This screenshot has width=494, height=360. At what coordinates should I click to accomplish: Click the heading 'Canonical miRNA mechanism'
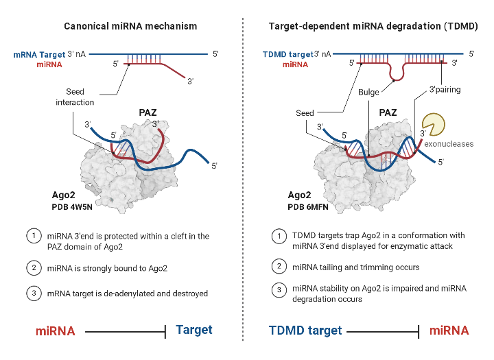tap(130, 26)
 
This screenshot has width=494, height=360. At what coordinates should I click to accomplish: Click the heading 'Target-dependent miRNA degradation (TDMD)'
tap(368, 26)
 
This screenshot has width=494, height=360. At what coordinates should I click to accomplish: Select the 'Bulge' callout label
tap(369, 91)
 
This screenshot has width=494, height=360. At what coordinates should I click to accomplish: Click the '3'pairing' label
tap(445, 89)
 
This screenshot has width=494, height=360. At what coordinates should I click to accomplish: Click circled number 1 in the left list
tap(33, 236)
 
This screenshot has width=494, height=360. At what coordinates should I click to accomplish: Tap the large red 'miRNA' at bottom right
tap(449, 331)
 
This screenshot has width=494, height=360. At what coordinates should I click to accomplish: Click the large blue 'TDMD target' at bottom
tap(304, 331)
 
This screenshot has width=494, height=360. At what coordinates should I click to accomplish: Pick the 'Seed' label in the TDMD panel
tap(305, 113)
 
